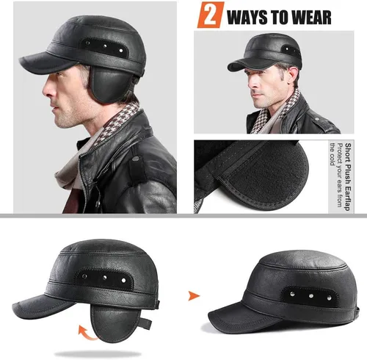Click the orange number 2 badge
coord(211,15)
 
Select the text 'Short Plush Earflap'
coord(347,177)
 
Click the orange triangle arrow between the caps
coord(194,295)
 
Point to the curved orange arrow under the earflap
coord(87,332)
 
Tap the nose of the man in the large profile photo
coord(46,90)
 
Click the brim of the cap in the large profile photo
coord(46,62)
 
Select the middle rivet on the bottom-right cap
coord(311,296)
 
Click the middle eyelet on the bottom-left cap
coord(104,278)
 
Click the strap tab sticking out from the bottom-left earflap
coord(145,323)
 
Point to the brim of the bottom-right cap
coord(244,318)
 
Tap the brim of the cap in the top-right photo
coord(250,64)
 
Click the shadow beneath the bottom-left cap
coord(98,354)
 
